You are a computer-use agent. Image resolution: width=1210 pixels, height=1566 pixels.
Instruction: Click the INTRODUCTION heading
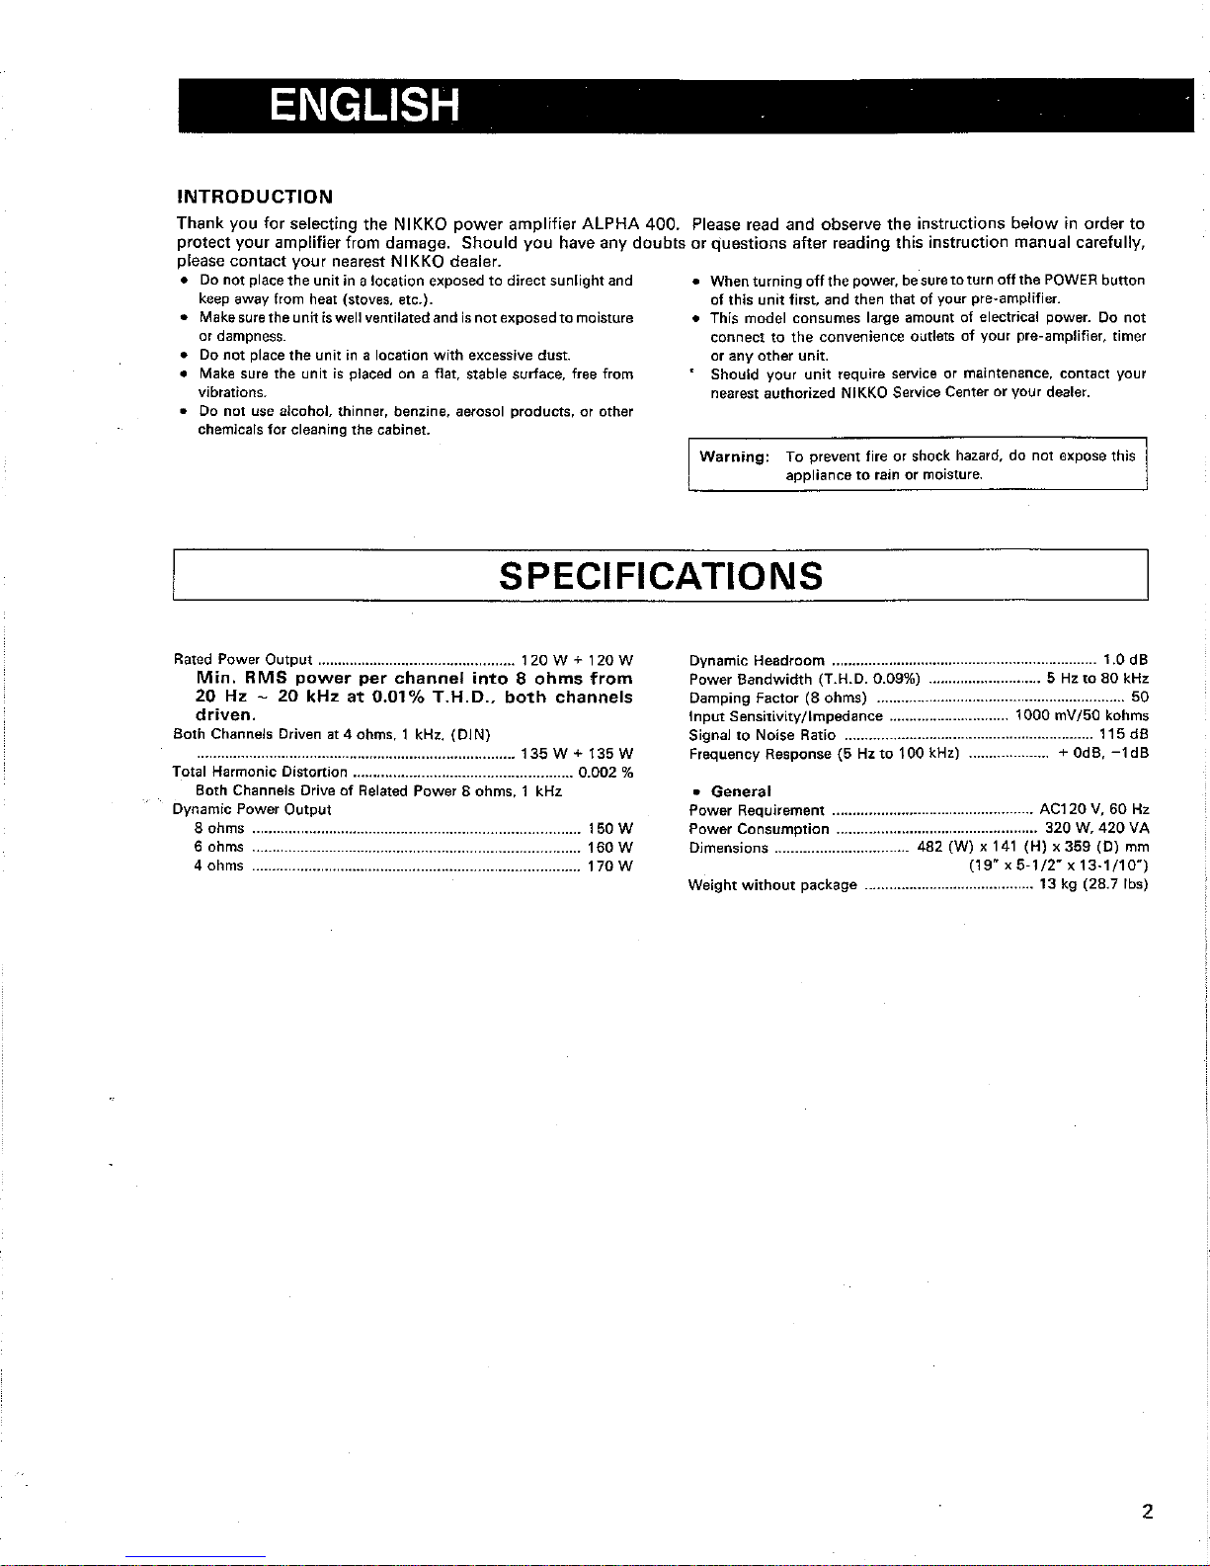point(254,197)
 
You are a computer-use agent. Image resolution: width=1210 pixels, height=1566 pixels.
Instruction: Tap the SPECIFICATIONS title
point(661,575)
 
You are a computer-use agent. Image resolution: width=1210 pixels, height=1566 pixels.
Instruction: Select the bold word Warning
point(734,456)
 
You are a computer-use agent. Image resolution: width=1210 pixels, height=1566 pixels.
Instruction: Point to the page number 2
point(1146,1511)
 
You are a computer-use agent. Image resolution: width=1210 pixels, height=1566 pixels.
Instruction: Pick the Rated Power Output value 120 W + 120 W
point(577,660)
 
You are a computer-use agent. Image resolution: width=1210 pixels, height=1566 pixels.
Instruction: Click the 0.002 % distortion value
point(605,772)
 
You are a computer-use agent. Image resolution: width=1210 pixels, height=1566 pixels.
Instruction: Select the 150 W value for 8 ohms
point(609,828)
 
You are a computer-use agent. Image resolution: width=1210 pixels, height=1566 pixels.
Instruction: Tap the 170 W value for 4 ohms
point(609,865)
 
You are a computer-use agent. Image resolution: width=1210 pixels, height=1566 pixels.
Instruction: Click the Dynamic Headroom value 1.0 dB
point(1125,660)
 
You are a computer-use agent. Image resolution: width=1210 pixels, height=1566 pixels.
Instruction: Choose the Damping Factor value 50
point(1140,698)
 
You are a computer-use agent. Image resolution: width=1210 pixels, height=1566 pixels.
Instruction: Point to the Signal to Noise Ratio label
point(763,735)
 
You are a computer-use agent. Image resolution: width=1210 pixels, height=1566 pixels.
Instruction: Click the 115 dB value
point(1124,735)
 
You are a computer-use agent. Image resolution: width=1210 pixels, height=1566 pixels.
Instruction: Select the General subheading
point(741,791)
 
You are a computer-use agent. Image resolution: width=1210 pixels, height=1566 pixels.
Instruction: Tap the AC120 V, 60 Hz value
point(1094,810)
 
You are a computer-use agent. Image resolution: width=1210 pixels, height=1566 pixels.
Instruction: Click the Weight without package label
point(772,885)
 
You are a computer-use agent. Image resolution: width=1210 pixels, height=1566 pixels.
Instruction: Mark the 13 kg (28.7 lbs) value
point(1093,885)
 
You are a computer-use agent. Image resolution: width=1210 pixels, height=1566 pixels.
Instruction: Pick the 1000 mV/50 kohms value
point(1082,716)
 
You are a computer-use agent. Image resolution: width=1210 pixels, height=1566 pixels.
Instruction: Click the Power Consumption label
point(759,829)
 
